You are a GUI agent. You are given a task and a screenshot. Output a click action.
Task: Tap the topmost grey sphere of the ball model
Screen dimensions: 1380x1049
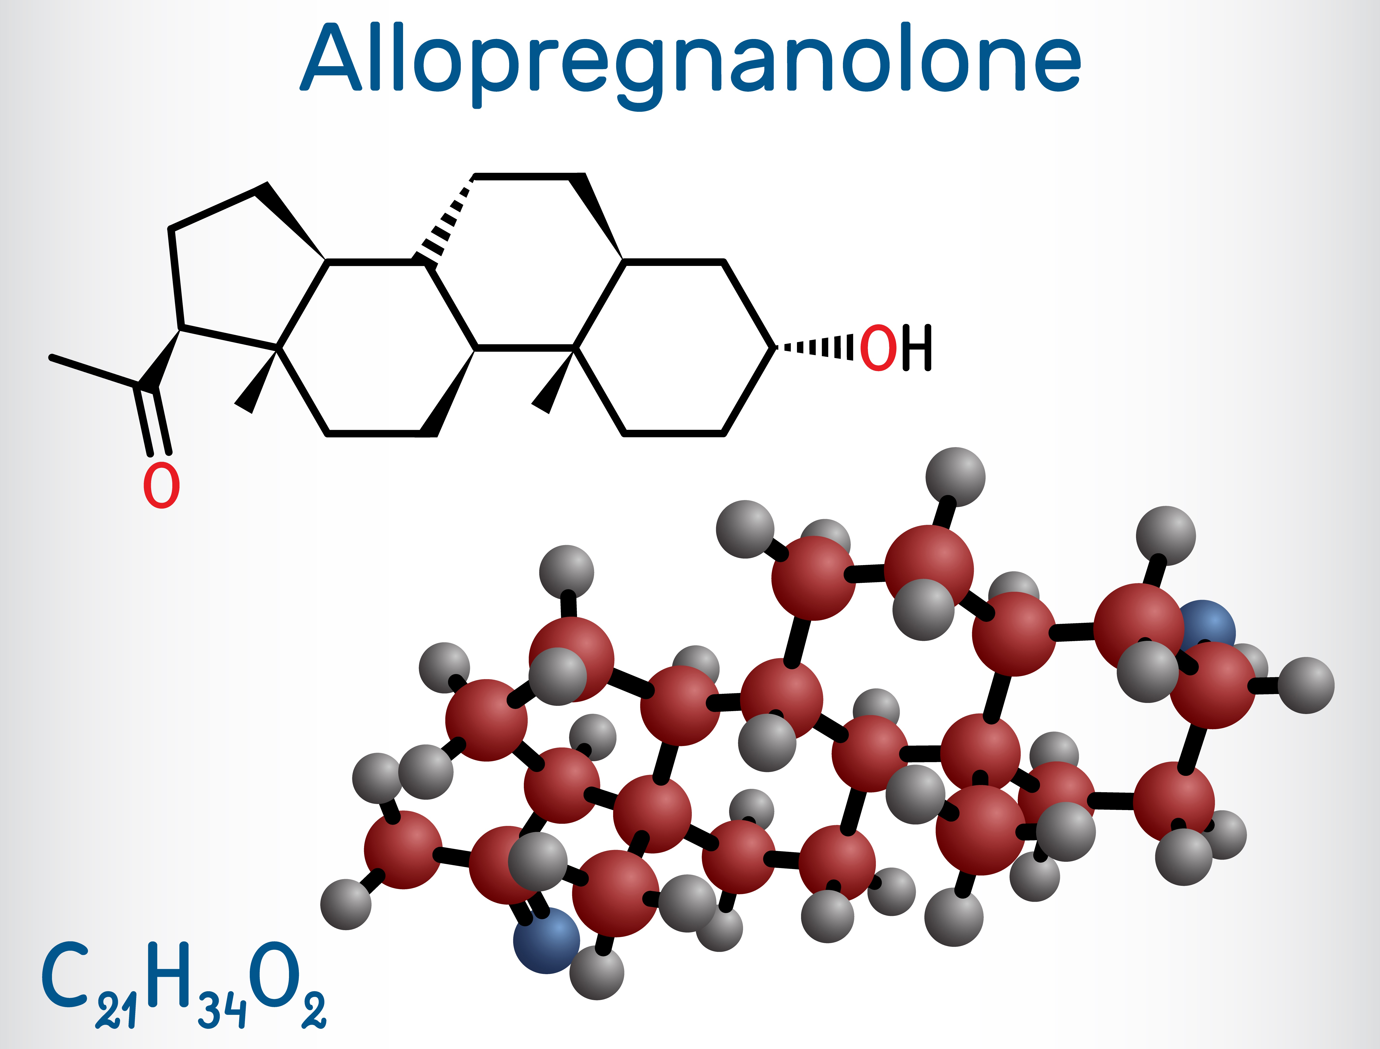click(x=955, y=477)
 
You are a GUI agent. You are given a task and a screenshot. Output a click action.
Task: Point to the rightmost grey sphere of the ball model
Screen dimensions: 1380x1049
click(x=1306, y=685)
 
